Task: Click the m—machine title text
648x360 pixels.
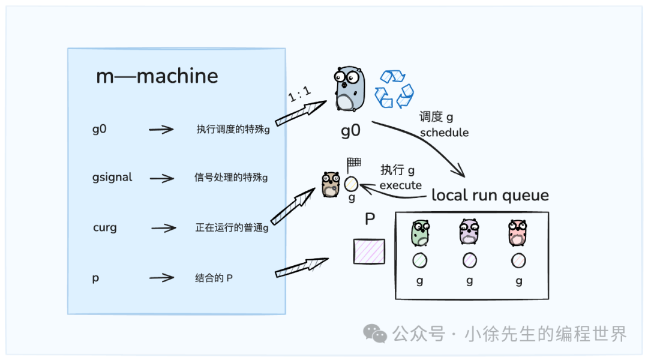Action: click(x=157, y=76)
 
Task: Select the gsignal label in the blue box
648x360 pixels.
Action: click(x=112, y=178)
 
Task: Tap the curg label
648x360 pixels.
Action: click(x=105, y=227)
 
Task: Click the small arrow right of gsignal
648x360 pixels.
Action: click(x=162, y=178)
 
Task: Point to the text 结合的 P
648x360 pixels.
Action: click(x=214, y=278)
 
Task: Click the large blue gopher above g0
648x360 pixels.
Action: click(x=350, y=88)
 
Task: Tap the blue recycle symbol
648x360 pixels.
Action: click(x=394, y=89)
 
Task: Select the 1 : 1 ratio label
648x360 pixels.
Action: click(x=299, y=94)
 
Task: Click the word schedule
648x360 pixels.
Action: click(x=444, y=132)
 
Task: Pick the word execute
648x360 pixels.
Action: click(x=400, y=185)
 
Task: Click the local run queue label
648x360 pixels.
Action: click(x=490, y=195)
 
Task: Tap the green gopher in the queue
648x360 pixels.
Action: click(x=420, y=233)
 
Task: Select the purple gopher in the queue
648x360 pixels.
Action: click(x=469, y=232)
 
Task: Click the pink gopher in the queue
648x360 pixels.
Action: click(x=517, y=232)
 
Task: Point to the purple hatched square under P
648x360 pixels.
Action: click(x=369, y=251)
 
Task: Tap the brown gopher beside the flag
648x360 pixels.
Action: click(x=331, y=184)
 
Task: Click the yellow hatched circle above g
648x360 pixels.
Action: click(x=351, y=184)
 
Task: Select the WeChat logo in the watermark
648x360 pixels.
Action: click(x=375, y=333)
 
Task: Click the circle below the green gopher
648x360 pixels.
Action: click(x=420, y=260)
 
